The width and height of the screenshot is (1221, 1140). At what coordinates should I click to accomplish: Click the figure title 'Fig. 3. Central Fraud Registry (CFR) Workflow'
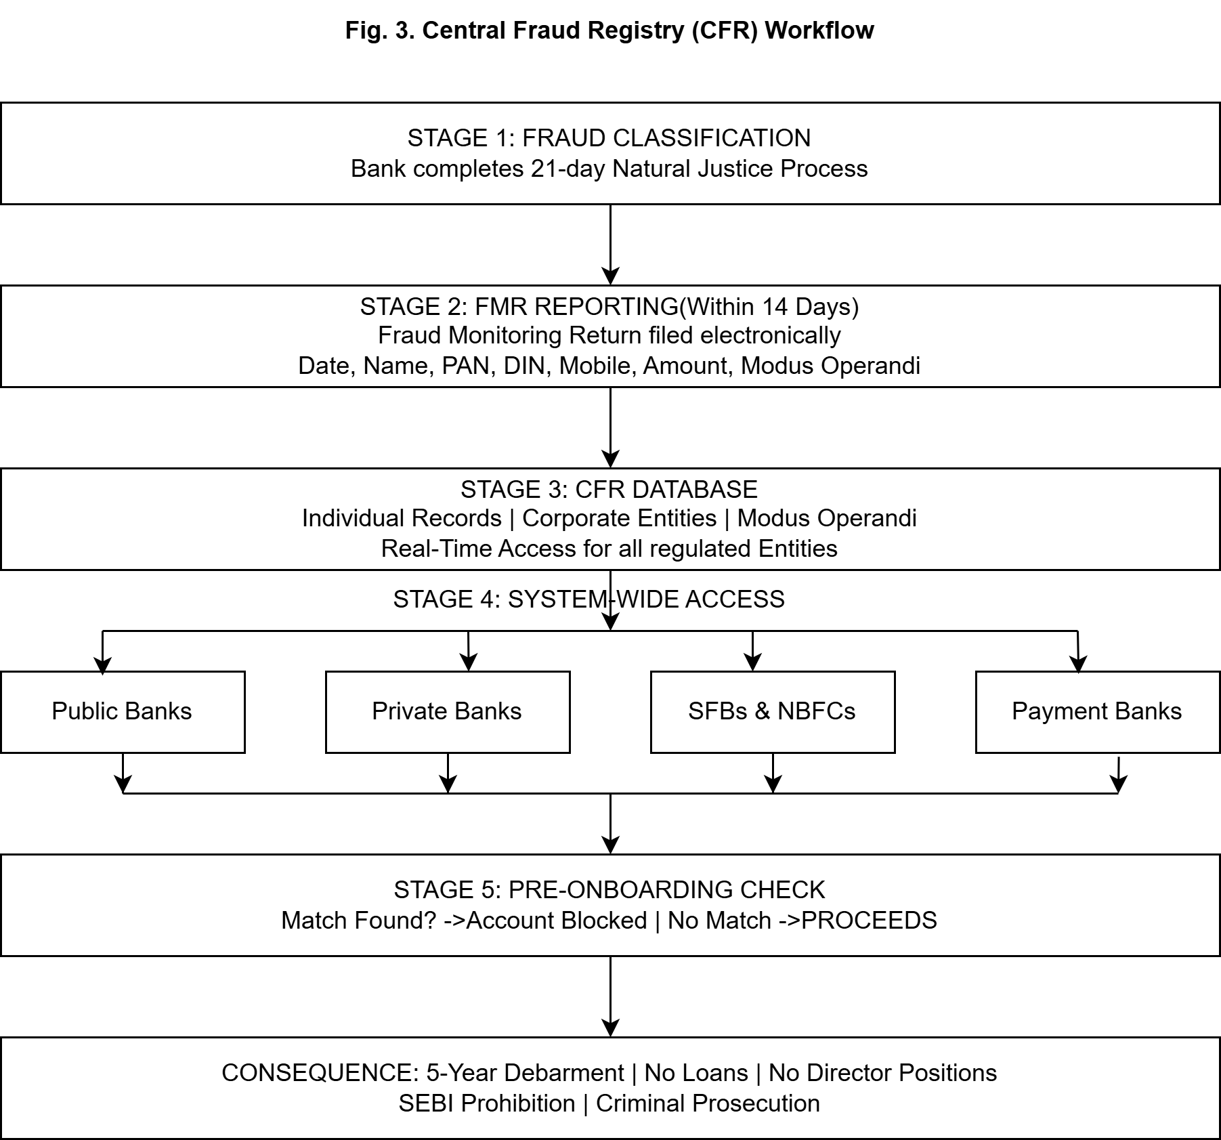coord(609,30)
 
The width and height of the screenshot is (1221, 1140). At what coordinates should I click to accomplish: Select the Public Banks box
coord(123,711)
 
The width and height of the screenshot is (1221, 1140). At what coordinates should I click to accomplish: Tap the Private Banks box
coord(448,711)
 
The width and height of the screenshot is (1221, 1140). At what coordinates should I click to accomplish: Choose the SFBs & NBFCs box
coord(772,711)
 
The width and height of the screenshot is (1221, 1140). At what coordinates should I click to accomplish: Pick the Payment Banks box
coord(1097,711)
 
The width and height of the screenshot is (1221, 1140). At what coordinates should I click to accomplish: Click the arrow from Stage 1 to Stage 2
coord(610,244)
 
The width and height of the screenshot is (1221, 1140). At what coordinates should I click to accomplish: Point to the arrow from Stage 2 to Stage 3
coord(610,427)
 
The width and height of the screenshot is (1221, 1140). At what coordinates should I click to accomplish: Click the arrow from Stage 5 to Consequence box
coord(610,996)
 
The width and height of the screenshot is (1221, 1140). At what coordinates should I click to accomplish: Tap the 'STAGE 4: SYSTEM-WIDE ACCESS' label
coord(588,599)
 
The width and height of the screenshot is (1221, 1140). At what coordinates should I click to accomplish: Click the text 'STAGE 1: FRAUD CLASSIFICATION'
coord(609,138)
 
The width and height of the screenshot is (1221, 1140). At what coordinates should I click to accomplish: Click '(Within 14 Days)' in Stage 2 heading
coord(769,307)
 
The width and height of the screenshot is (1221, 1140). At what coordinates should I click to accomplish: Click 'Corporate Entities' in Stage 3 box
coord(619,518)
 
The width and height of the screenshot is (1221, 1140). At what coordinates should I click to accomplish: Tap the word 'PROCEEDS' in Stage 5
coord(869,921)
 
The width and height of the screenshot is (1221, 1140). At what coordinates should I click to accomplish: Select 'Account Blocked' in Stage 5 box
coord(557,921)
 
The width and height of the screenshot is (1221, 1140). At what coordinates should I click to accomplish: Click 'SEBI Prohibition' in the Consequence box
coord(486,1103)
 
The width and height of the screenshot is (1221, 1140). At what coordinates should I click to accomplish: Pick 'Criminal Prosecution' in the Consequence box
coord(708,1103)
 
